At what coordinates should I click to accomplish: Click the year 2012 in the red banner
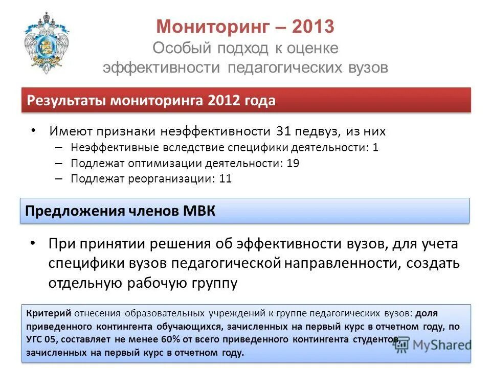click(224, 101)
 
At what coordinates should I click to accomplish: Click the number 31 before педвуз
click(283, 131)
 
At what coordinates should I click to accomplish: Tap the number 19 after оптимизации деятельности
click(293, 164)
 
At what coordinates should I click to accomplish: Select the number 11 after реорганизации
click(226, 179)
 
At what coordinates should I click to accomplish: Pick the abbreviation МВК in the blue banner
click(199, 212)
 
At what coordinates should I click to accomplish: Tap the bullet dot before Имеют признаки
click(34, 130)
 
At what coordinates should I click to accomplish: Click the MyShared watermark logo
click(432, 344)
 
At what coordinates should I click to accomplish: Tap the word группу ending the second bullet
click(214, 283)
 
